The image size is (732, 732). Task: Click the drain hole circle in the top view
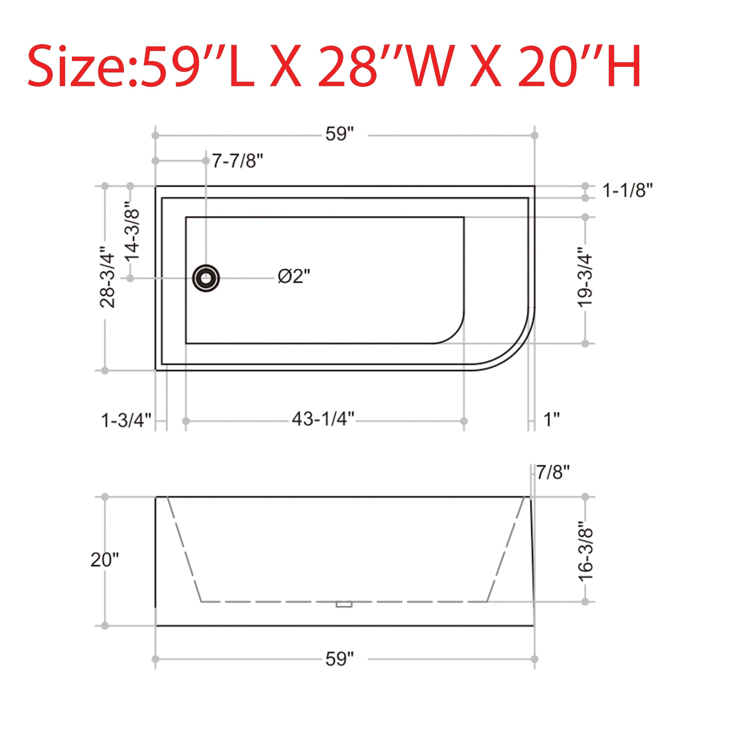click(206, 278)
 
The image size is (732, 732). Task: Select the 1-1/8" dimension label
click(628, 190)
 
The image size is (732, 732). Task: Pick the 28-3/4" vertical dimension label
click(107, 278)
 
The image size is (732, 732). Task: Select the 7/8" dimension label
click(553, 472)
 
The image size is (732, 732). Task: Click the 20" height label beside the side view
click(105, 559)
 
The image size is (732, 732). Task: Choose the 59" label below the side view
click(339, 659)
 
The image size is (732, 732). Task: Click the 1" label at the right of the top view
click(552, 420)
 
